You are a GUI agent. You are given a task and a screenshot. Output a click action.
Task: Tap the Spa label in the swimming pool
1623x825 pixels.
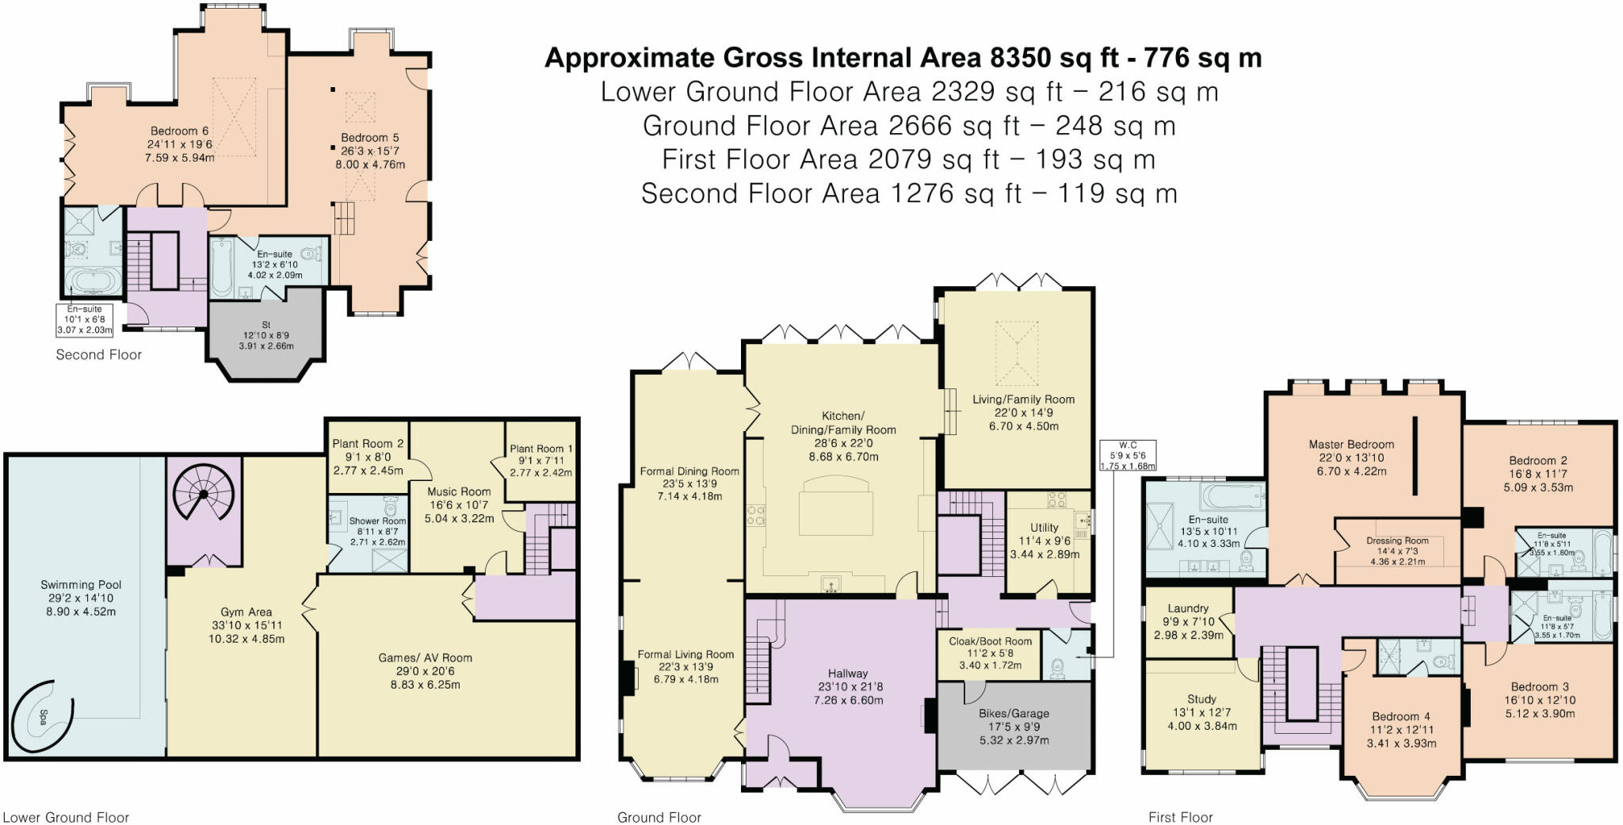pyautogui.click(x=43, y=717)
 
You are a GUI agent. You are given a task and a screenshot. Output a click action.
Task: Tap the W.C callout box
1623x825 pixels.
pyautogui.click(x=1128, y=456)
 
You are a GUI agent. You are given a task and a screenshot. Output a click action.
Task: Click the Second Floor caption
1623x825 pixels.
pyautogui.click(x=98, y=355)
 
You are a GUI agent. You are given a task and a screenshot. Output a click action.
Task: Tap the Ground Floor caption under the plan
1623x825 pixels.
pyautogui.click(x=659, y=817)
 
